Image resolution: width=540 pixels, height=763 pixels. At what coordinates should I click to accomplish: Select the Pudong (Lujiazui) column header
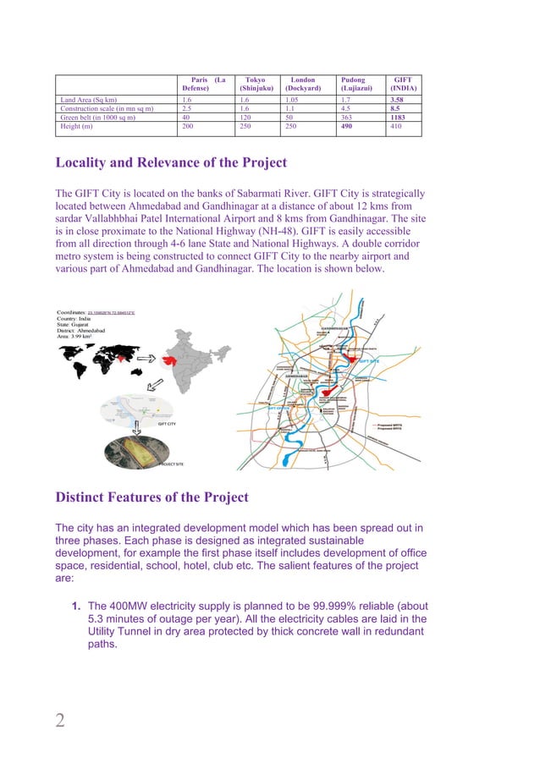[x=354, y=84]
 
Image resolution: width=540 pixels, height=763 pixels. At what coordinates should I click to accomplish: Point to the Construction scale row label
[x=106, y=108]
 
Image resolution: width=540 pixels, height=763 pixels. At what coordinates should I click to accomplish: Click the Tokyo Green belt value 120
[x=247, y=118]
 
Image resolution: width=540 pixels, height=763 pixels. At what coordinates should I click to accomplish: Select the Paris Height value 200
[x=189, y=127]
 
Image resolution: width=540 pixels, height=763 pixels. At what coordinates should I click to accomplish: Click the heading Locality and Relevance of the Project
[x=171, y=162]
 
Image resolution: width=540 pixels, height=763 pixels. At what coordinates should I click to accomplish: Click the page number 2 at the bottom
[x=60, y=720]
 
